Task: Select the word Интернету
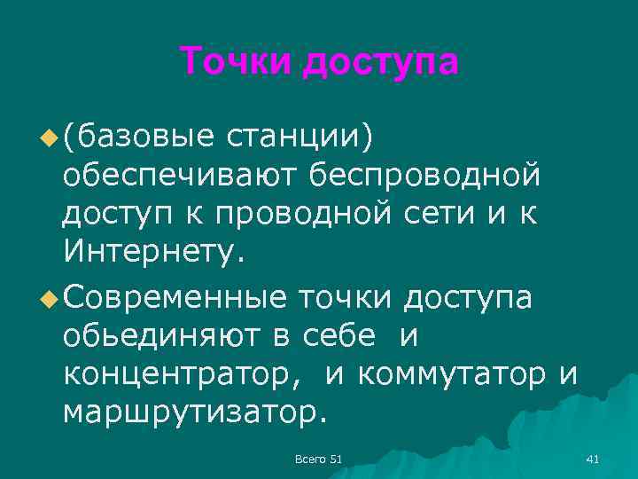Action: tap(152, 255)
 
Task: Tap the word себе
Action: tap(340, 334)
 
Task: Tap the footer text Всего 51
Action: tap(318, 458)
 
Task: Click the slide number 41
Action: tap(593, 458)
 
